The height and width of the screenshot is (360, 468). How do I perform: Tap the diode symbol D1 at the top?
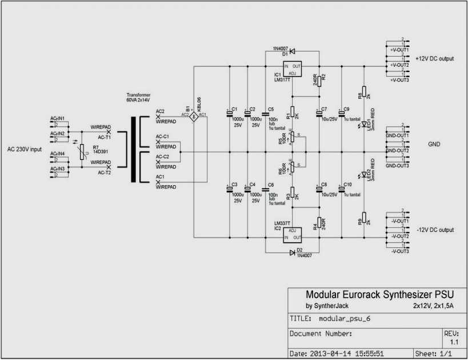(x=292, y=50)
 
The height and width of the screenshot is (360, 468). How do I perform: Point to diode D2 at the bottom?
(x=292, y=252)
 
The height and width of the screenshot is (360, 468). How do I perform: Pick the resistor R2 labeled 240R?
(x=319, y=80)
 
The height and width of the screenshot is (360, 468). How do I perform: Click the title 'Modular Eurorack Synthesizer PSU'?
(x=380, y=295)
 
